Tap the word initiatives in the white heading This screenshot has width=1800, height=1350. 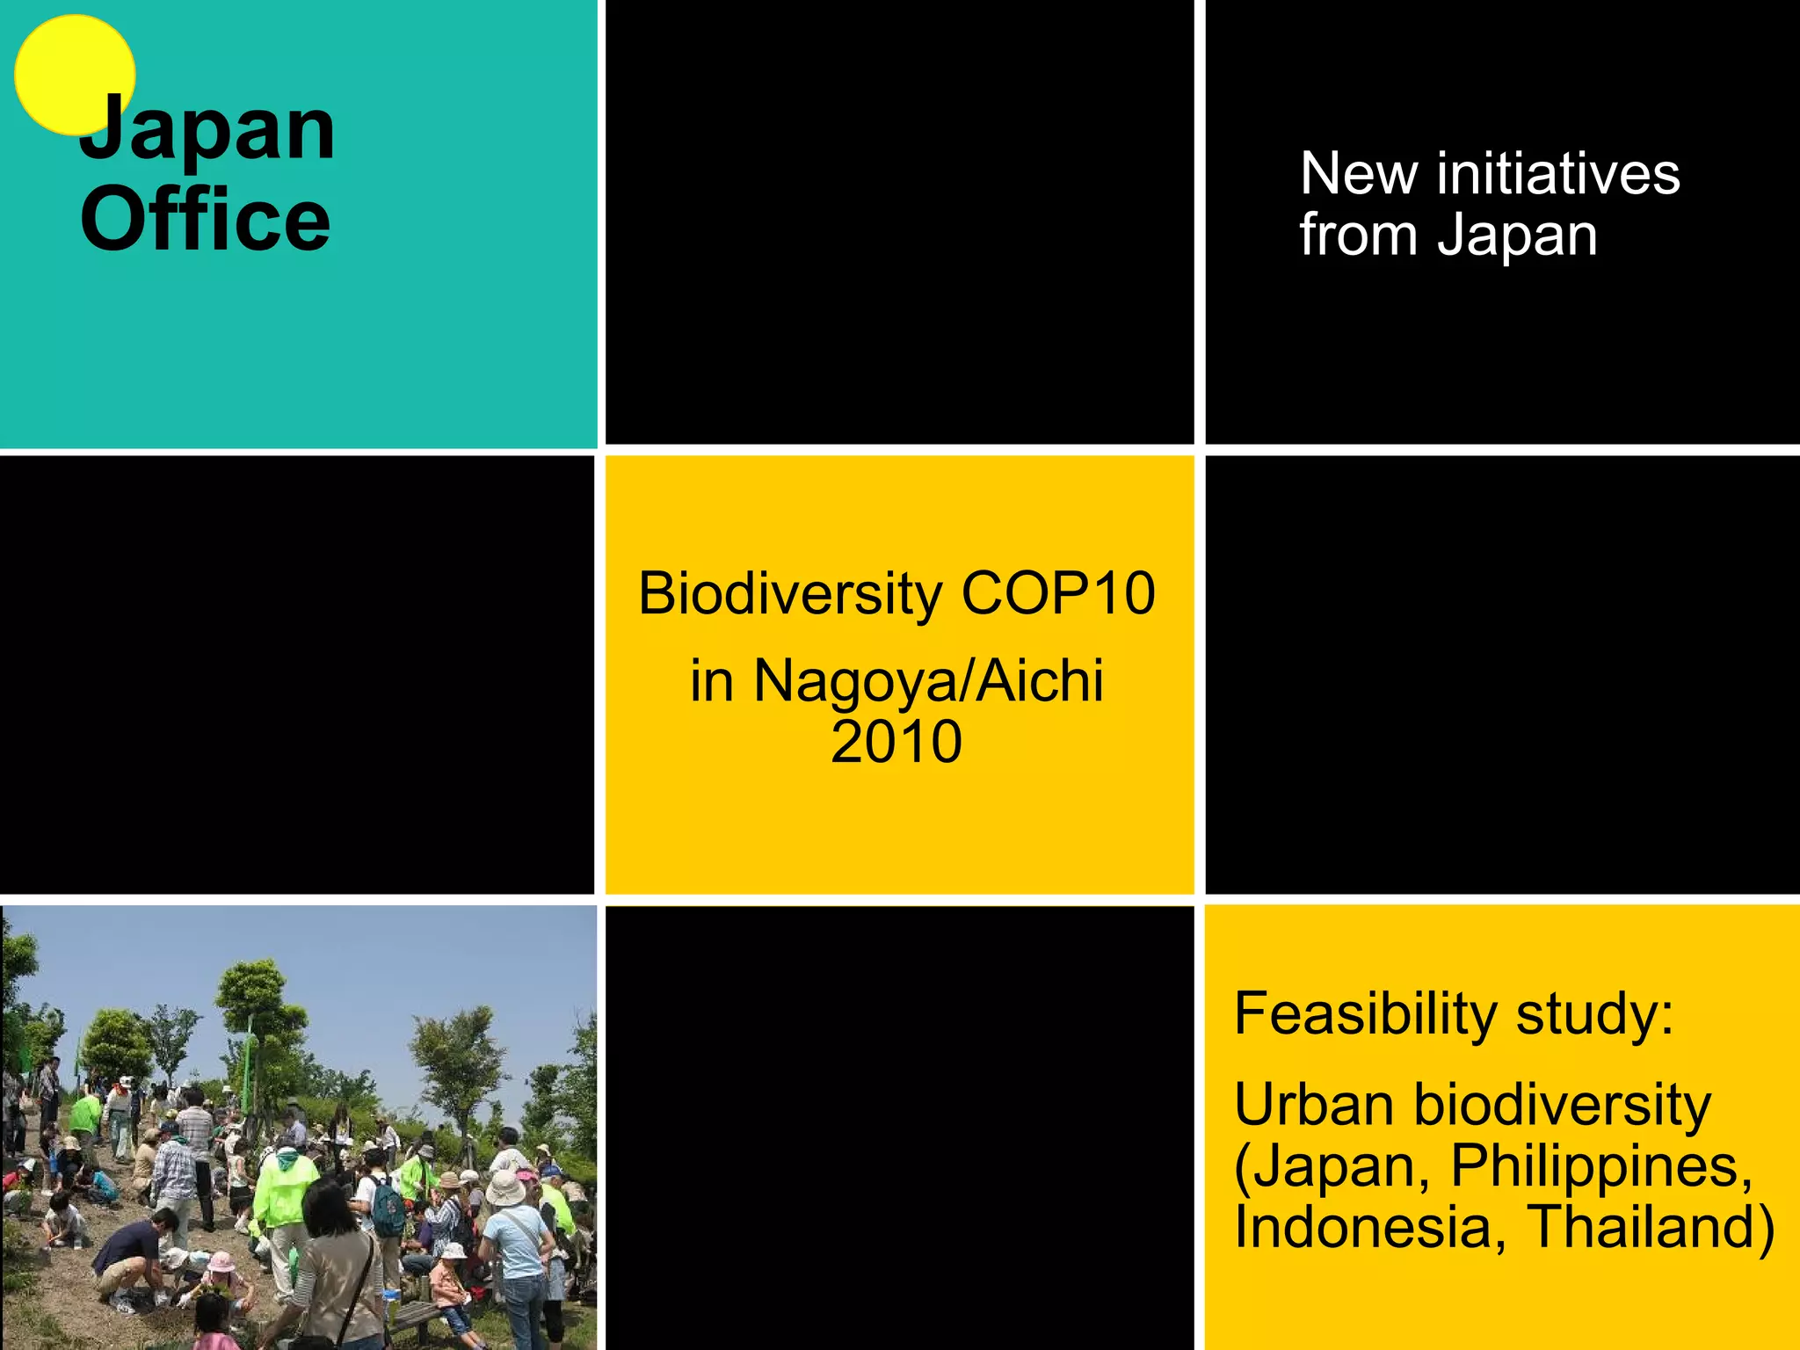[1558, 173]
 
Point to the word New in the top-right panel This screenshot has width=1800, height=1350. [1358, 173]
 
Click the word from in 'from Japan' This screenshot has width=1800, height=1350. [1358, 236]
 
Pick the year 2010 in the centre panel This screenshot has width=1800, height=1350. [896, 743]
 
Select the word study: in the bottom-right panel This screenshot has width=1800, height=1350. [1594, 1014]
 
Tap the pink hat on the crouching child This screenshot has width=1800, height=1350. [221, 1261]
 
